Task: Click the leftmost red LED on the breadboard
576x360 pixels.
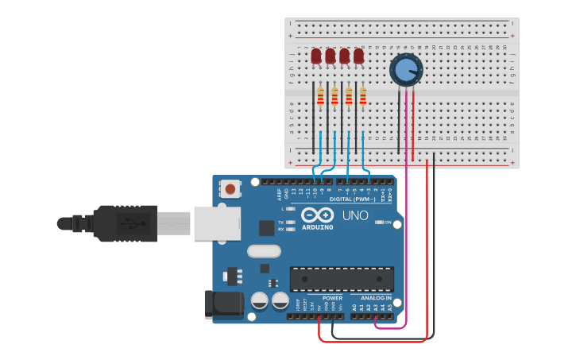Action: tap(316, 56)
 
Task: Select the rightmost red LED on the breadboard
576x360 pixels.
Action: tap(358, 56)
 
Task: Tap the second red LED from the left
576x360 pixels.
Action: tap(331, 56)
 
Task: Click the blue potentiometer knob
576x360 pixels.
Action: tap(406, 69)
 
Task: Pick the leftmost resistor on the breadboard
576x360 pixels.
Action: tap(321, 96)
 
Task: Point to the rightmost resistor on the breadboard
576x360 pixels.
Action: tap(363, 96)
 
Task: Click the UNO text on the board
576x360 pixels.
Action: tap(354, 215)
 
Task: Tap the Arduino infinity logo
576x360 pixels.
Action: tap(317, 215)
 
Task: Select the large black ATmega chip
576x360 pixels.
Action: tap(342, 279)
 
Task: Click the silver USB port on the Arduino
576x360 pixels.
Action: tap(217, 223)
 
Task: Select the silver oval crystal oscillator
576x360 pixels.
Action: tap(264, 251)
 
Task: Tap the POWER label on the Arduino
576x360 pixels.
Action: tap(332, 298)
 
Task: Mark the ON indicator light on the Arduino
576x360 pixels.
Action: tap(380, 223)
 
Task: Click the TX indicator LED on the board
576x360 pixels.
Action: tap(290, 223)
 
